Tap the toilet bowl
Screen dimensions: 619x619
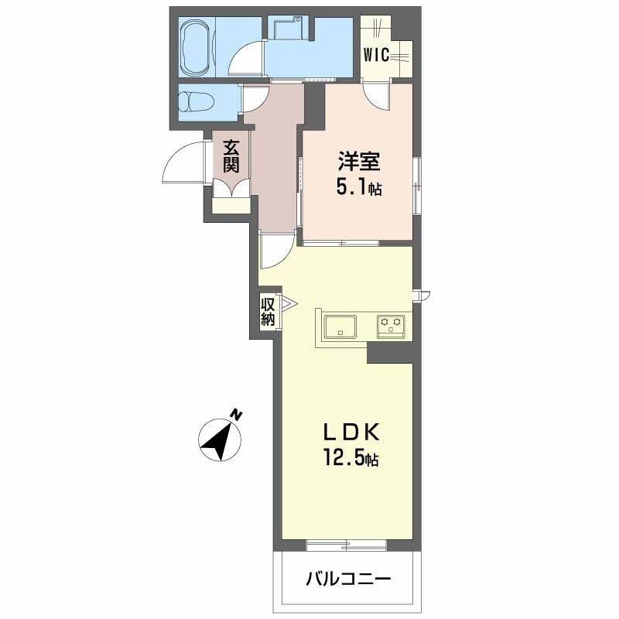pyautogui.click(x=197, y=102)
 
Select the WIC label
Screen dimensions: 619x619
pyautogui.click(x=376, y=55)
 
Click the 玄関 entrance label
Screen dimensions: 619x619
pyautogui.click(x=231, y=157)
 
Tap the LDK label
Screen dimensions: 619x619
pyautogui.click(x=351, y=433)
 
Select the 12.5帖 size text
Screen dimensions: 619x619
pyautogui.click(x=351, y=458)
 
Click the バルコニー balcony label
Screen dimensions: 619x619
pyautogui.click(x=348, y=580)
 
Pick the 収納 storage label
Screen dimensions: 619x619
pyautogui.click(x=268, y=312)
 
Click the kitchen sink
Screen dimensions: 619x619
pyautogui.click(x=340, y=327)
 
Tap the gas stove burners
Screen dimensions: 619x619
pyautogui.click(x=391, y=327)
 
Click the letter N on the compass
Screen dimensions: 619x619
pyautogui.click(x=236, y=415)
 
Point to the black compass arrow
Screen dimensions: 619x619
pyautogui.click(x=218, y=440)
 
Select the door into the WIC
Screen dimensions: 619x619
pyautogui.click(x=377, y=95)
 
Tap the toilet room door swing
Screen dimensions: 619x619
pyautogui.click(x=255, y=100)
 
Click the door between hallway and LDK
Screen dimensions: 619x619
pyautogui.click(x=276, y=251)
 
